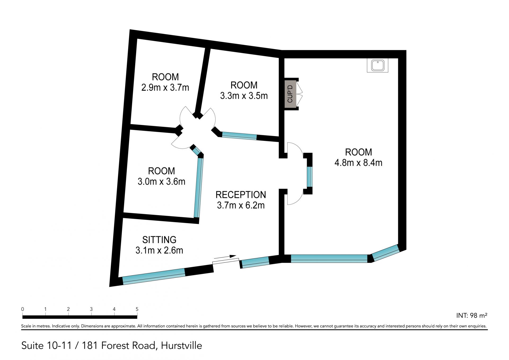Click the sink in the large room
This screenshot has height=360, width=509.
[x=378, y=65]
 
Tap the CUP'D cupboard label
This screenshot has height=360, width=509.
[x=290, y=94]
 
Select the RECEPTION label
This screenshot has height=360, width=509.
[x=241, y=195]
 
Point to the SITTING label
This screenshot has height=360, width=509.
[x=159, y=240]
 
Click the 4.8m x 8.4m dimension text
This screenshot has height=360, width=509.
[x=358, y=163]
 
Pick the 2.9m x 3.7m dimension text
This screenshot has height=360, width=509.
[x=165, y=88]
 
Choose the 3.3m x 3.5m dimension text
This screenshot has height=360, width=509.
[x=244, y=96]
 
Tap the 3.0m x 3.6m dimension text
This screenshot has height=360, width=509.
[x=161, y=181]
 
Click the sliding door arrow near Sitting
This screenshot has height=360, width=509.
[x=225, y=257]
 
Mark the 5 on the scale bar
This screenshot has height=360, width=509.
[x=137, y=309]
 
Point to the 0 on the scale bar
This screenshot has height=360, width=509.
[x=23, y=309]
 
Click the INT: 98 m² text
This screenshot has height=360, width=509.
[x=472, y=315]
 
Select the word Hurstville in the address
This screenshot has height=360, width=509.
[x=181, y=345]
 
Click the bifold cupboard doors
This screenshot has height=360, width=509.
[x=299, y=94]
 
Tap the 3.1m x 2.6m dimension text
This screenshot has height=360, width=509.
[x=159, y=250]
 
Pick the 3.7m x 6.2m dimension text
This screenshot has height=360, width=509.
[x=241, y=205]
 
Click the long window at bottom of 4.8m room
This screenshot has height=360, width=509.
[x=329, y=259]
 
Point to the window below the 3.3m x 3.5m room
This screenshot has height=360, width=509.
[x=239, y=136]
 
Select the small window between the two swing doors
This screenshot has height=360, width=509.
[x=310, y=177]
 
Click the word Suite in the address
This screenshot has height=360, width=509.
[x=33, y=345]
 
